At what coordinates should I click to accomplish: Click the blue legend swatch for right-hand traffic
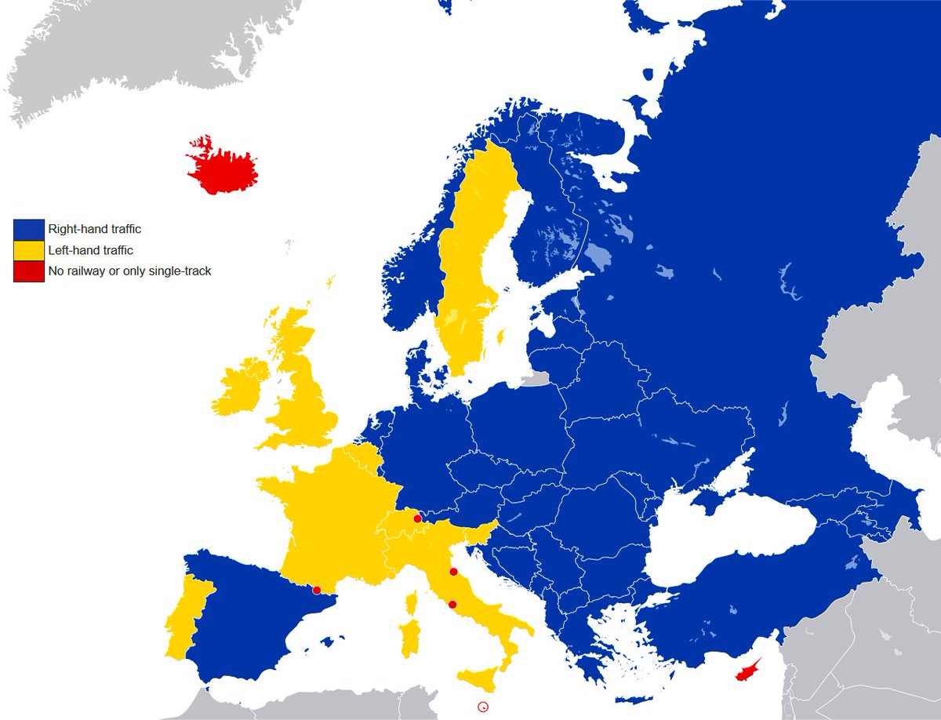pos(28,230)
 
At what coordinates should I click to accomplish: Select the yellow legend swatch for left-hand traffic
pos(28,250)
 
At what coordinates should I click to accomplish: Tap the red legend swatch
pos(28,271)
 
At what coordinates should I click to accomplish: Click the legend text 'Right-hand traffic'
pos(94,230)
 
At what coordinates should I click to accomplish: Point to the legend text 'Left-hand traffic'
pos(90,250)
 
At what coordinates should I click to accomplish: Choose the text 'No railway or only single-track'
pos(129,271)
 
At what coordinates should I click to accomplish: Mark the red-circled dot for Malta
pos(483,707)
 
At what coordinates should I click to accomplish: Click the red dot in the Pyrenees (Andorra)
pos(317,590)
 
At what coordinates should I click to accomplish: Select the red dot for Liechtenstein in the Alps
pos(417,518)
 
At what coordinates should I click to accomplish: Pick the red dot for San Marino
pos(453,572)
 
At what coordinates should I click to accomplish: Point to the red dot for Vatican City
pos(452,604)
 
